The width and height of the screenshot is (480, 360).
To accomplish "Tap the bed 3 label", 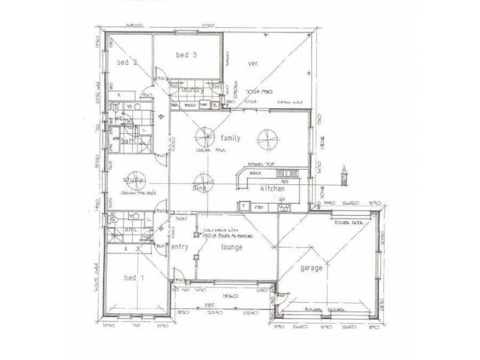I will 187,55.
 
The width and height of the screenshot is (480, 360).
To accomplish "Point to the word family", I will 230,138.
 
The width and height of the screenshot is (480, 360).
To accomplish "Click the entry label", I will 180,247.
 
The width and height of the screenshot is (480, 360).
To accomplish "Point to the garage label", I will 311,268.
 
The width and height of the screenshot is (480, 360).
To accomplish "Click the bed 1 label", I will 134,278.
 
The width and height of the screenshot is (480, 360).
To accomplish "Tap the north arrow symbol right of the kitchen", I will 344,174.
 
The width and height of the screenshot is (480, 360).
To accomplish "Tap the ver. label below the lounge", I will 209,305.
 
